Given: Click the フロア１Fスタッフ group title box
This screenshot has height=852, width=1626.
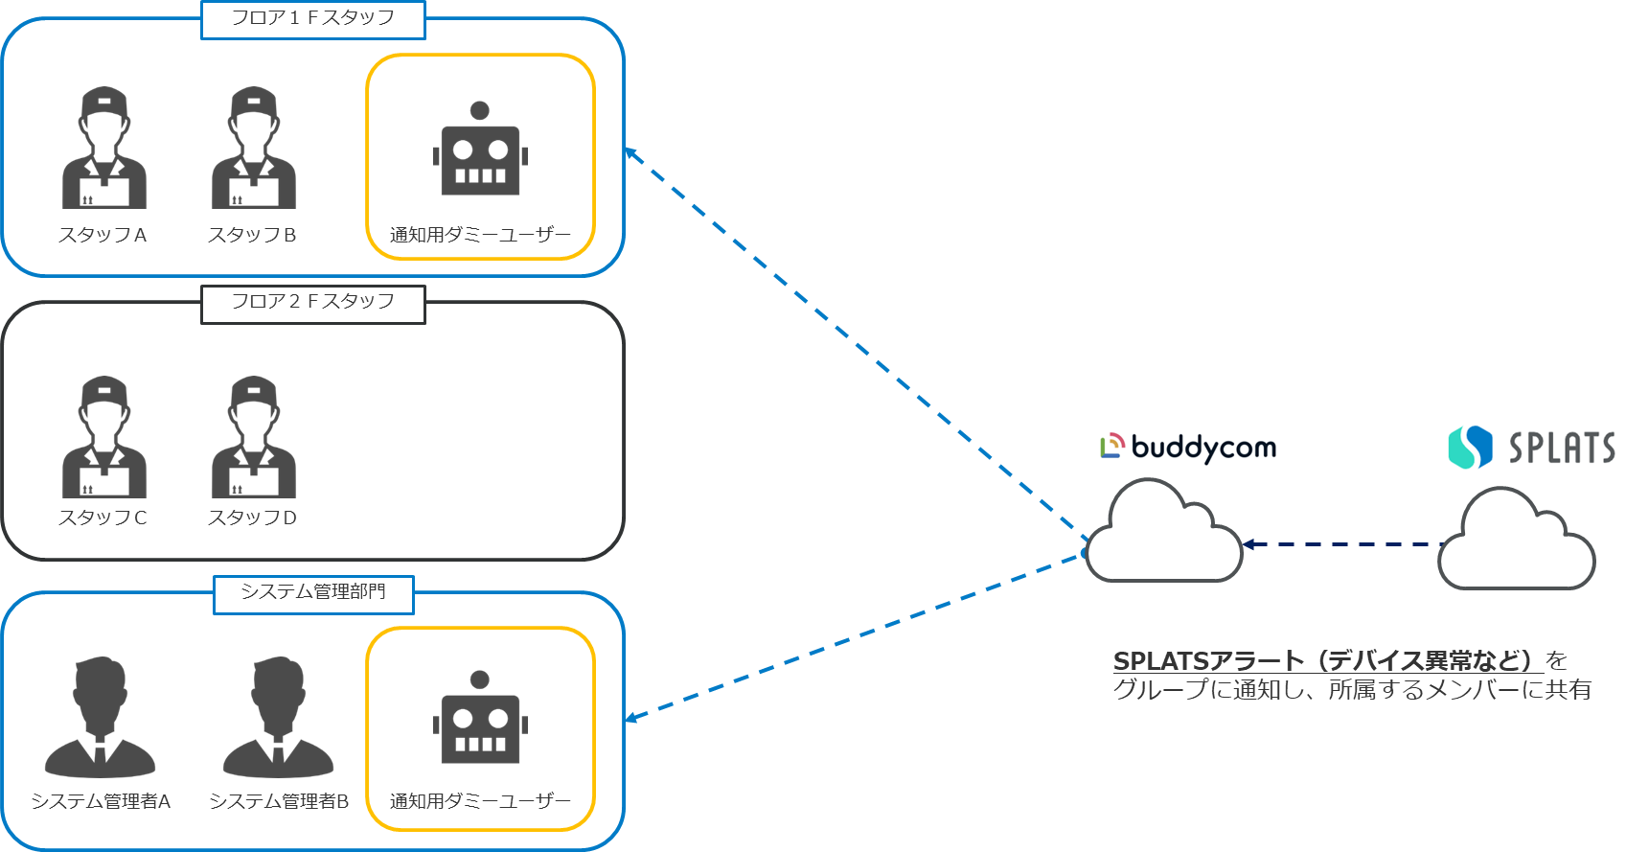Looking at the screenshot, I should [312, 19].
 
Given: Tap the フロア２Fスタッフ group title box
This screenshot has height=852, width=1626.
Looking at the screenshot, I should [312, 304].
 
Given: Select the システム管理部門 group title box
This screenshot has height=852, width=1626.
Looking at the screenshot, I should [312, 593].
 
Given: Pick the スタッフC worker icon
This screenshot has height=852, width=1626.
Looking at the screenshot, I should [103, 437].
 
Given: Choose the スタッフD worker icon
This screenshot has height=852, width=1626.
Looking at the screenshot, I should [253, 437].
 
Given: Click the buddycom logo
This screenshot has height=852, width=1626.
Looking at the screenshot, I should [1188, 448].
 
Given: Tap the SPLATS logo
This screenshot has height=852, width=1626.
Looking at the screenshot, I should [1531, 449].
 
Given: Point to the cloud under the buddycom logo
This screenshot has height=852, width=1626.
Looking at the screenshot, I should [1163, 535].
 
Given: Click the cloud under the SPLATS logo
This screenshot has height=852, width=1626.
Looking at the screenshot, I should [1516, 541].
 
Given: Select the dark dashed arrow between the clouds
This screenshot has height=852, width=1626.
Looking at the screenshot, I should [1341, 544].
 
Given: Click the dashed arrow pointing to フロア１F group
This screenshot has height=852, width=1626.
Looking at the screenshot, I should [853, 340].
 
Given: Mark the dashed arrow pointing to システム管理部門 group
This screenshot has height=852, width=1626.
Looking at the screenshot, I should [853, 637].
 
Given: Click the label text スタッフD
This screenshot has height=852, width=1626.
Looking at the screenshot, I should [252, 518].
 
